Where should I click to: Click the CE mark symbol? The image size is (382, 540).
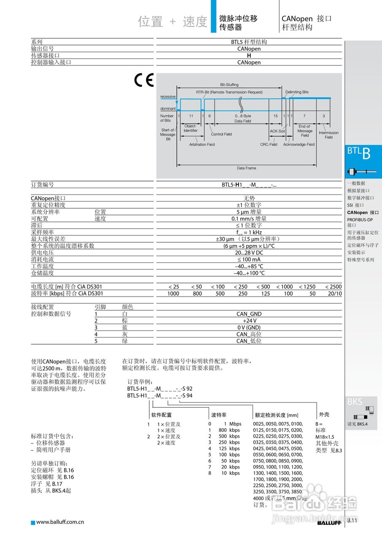(x=144, y=80)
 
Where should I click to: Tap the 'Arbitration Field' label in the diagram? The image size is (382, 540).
(x=202, y=144)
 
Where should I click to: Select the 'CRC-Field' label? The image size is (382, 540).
(x=268, y=144)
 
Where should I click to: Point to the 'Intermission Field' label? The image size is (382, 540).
(x=328, y=135)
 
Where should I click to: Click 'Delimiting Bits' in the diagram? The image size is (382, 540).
(x=297, y=92)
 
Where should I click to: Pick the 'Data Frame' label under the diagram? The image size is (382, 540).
(x=246, y=168)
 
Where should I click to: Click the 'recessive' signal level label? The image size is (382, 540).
(x=168, y=97)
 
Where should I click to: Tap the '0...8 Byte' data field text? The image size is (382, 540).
(x=243, y=116)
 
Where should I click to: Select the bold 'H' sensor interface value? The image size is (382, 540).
(x=249, y=55)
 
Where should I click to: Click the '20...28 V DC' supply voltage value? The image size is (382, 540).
(x=249, y=252)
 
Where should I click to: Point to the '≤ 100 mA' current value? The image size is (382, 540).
(x=249, y=259)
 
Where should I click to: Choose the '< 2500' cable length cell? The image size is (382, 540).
(x=333, y=286)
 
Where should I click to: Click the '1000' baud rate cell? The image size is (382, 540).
(x=173, y=293)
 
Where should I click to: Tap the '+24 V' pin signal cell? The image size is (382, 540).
(x=249, y=321)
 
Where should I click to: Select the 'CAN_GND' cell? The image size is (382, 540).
(x=249, y=314)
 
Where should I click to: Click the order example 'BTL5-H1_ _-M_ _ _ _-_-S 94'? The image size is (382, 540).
(x=160, y=396)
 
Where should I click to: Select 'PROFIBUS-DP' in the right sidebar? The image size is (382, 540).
(x=360, y=220)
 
